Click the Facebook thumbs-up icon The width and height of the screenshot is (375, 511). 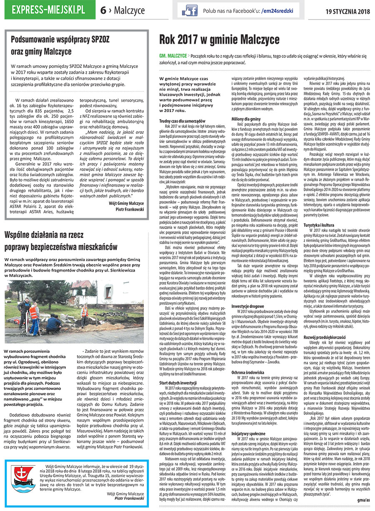pyautogui.click(x=190, y=10)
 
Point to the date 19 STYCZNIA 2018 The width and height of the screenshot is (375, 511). pyautogui.click(x=347, y=10)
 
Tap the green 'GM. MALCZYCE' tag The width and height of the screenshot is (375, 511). pyautogui.click(x=172, y=56)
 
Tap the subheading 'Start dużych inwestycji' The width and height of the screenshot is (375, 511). pyautogui.click(x=177, y=383)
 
